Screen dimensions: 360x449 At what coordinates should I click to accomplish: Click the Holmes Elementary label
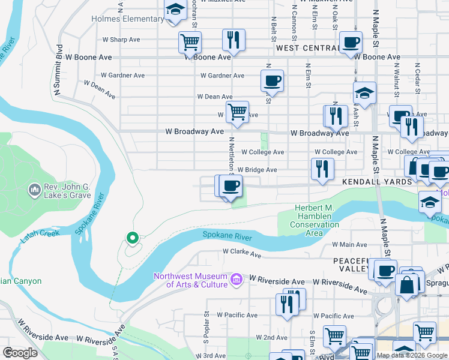(127, 19)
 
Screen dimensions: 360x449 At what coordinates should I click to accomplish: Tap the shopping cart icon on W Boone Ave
(190, 43)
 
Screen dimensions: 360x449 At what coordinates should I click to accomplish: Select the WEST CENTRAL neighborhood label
(307, 47)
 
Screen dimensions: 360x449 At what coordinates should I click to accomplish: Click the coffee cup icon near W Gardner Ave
(272, 80)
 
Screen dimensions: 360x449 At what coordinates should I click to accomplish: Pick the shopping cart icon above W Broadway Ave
(237, 112)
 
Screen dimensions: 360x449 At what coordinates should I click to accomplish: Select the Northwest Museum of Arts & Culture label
(190, 280)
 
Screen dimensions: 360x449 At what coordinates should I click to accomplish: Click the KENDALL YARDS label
(377, 181)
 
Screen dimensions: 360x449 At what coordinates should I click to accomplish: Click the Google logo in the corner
(20, 352)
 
